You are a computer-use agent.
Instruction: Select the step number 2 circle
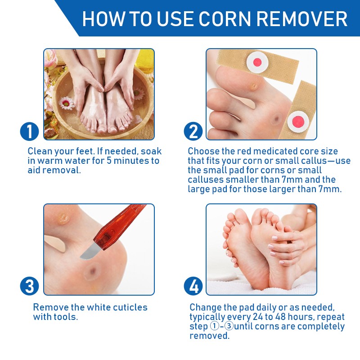pos(193,131)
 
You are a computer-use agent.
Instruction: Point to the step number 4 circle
pos(193,286)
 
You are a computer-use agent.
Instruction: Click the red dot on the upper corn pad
pos(258,62)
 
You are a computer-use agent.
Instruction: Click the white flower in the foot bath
pos(67,103)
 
